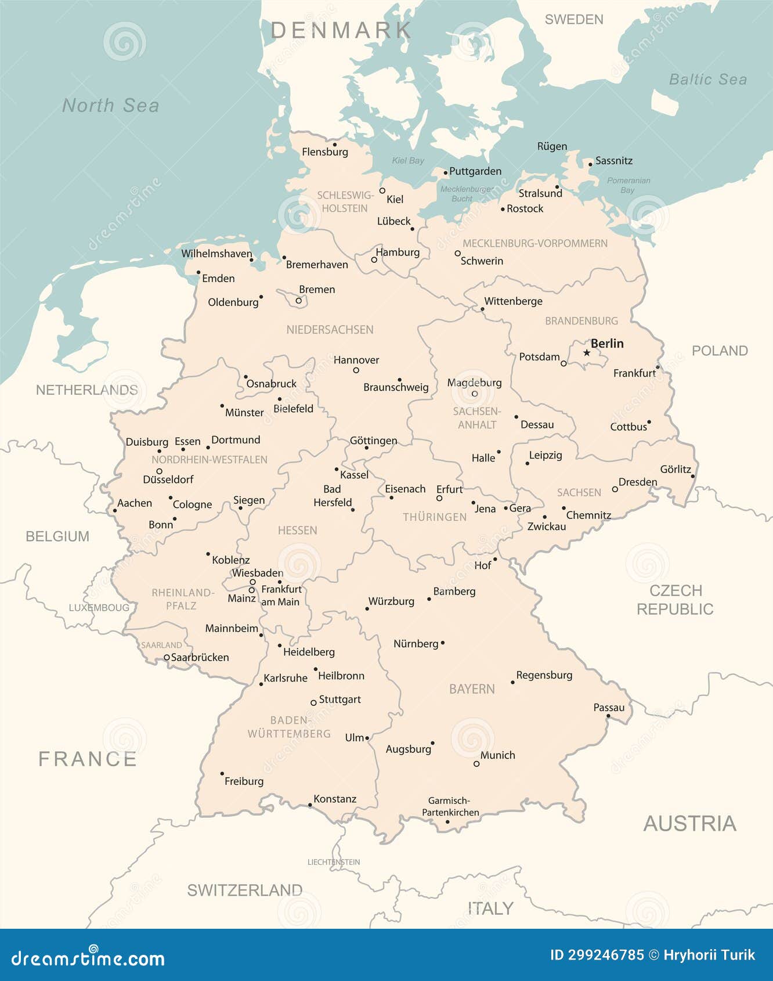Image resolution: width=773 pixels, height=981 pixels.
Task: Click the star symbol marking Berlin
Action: [x=587, y=353]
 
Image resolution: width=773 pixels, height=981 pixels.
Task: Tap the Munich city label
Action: [x=497, y=755]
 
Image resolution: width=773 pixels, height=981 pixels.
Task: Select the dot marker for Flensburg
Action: [x=334, y=145]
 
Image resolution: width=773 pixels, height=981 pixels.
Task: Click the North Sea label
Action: [x=110, y=106]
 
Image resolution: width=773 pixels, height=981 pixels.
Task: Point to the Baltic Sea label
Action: [x=707, y=80]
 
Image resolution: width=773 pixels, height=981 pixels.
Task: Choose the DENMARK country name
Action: [x=341, y=30]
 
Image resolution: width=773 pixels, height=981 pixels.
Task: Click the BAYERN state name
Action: [x=472, y=689]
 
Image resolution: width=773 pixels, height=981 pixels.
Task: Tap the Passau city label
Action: [x=609, y=708]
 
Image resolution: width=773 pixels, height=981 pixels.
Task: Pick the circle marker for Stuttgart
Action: [x=313, y=702]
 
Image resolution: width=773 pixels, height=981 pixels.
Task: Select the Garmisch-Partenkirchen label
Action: [x=450, y=807]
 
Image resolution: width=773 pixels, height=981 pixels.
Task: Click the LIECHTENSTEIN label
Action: [x=334, y=862]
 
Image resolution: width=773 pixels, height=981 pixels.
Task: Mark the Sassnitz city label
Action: [x=613, y=161]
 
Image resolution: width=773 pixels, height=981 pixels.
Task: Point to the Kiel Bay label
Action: [x=408, y=161]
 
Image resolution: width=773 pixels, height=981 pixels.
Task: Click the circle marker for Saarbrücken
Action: [x=167, y=658]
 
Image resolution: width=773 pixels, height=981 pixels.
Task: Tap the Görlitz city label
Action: [x=676, y=469]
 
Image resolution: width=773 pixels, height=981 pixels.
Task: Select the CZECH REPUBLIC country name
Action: [x=675, y=600]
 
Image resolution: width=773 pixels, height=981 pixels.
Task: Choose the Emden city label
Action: [x=218, y=279]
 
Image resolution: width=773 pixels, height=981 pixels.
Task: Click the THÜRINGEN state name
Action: [x=435, y=517]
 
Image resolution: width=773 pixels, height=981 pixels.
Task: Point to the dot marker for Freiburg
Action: [x=222, y=774]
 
